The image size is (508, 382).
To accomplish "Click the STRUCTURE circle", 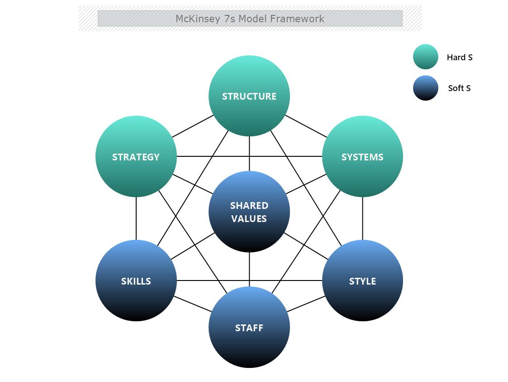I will (x=249, y=96).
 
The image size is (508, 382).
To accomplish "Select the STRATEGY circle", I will (x=136, y=157).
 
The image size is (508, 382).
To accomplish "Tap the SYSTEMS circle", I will (x=362, y=157).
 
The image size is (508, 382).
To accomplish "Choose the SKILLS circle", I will (x=136, y=281).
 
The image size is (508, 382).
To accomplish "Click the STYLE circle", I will (x=362, y=281).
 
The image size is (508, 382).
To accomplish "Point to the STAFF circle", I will (x=249, y=328).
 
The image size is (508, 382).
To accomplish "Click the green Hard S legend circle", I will (x=425, y=57).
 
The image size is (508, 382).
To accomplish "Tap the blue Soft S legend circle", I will (x=425, y=88).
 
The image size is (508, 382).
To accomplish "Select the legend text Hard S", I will (x=459, y=57).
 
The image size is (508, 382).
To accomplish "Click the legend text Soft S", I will (x=459, y=88).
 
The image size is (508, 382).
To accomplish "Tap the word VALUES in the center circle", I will (x=249, y=218).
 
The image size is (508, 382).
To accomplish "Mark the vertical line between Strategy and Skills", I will (x=136, y=218).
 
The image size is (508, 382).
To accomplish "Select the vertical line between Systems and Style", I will (x=362, y=218).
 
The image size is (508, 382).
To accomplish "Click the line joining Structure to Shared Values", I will (x=249, y=154).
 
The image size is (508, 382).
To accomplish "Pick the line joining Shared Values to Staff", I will (x=249, y=270).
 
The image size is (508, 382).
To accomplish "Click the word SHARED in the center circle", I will (x=249, y=205).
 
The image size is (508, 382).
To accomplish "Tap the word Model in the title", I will (x=252, y=19).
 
